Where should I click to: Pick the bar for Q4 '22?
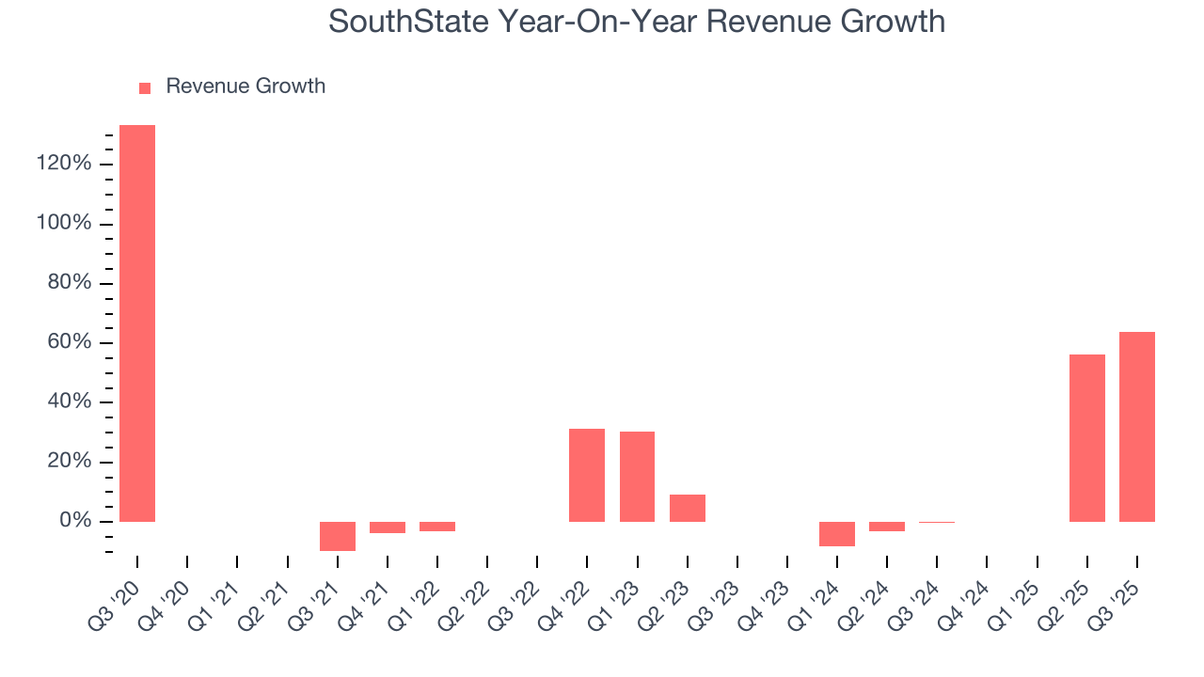(587, 475)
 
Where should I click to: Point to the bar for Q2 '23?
(687, 508)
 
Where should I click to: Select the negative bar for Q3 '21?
(337, 536)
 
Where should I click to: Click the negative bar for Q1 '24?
(836, 533)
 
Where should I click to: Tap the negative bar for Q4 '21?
(387, 527)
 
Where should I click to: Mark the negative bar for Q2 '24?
(886, 527)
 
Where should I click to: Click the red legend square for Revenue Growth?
(145, 87)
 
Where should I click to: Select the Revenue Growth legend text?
(246, 87)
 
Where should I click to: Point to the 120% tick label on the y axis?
(64, 165)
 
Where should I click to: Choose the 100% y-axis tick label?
(64, 224)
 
